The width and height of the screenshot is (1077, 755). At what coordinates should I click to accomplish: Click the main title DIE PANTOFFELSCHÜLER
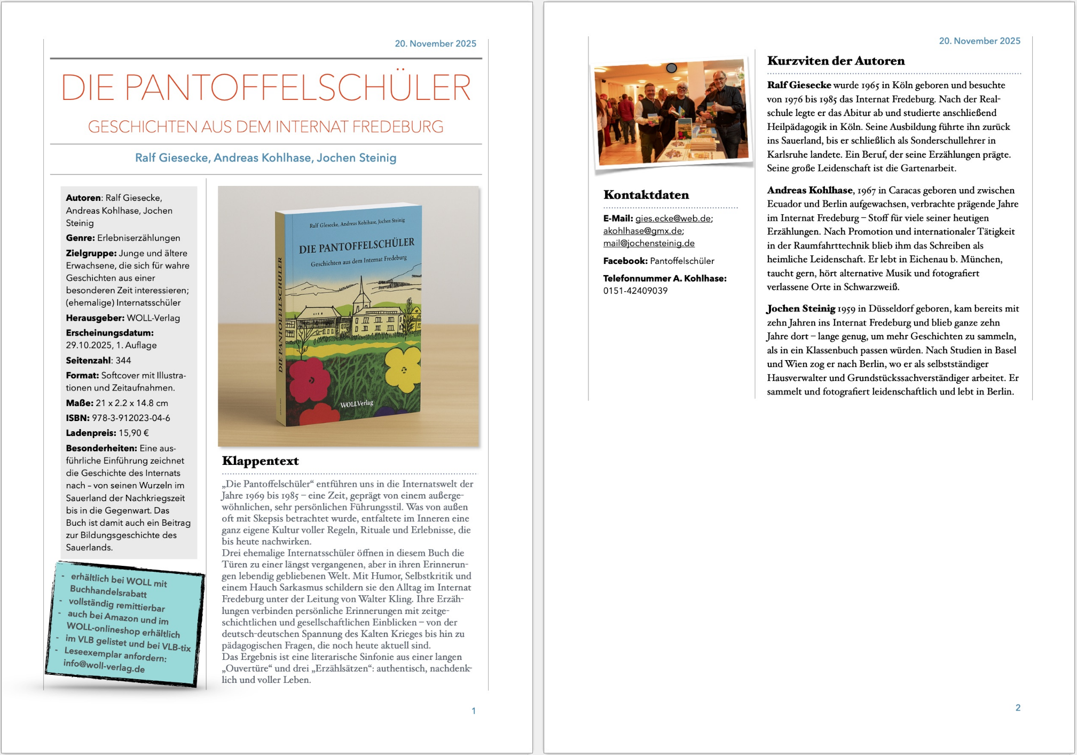pyautogui.click(x=266, y=88)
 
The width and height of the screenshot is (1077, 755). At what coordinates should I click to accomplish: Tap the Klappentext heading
pyautogui.click(x=260, y=461)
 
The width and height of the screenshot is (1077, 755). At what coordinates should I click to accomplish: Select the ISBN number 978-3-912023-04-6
pyautogui.click(x=131, y=418)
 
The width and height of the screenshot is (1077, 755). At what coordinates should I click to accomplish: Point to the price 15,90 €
pyautogui.click(x=133, y=433)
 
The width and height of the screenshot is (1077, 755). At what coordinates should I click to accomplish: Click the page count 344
pyautogui.click(x=123, y=360)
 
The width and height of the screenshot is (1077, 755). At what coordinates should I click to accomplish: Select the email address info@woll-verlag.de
pyautogui.click(x=104, y=666)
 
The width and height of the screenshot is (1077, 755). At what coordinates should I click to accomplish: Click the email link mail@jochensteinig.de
pyautogui.click(x=649, y=243)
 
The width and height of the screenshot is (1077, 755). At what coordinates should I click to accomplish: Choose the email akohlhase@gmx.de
pyautogui.click(x=643, y=231)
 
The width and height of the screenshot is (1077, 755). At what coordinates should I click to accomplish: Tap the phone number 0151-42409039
pyautogui.click(x=635, y=291)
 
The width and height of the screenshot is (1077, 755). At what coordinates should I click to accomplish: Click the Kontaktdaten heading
pyautogui.click(x=646, y=195)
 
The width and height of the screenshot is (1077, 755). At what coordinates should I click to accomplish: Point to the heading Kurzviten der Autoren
pyautogui.click(x=836, y=61)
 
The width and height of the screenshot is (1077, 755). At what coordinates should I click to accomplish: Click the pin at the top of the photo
pyautogui.click(x=672, y=68)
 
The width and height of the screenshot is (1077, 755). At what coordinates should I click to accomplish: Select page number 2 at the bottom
pyautogui.click(x=1018, y=707)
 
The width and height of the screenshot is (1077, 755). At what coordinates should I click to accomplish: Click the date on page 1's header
pyautogui.click(x=435, y=44)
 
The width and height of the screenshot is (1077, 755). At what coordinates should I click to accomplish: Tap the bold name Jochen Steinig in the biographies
pyautogui.click(x=801, y=308)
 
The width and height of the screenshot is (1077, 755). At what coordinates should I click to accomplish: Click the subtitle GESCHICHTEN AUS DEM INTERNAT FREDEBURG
pyautogui.click(x=266, y=127)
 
